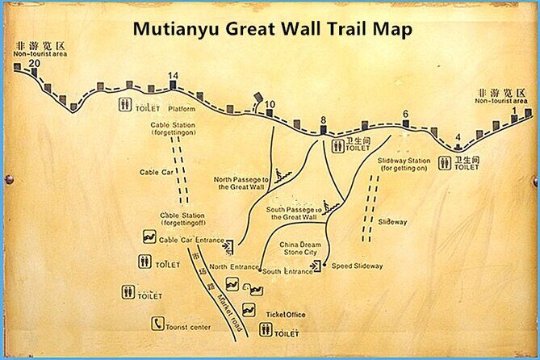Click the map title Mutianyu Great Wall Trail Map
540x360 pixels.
tap(272, 29)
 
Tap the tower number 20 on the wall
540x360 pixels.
tap(34, 63)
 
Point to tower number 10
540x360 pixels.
tap(270, 104)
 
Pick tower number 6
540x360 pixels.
tap(405, 114)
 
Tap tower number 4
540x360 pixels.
tap(458, 136)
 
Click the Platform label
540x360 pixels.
tap(182, 108)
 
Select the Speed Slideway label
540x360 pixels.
tap(357, 266)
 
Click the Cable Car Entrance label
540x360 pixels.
tap(190, 240)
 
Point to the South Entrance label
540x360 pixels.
tap(287, 272)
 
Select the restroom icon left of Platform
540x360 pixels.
tap(126, 104)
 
